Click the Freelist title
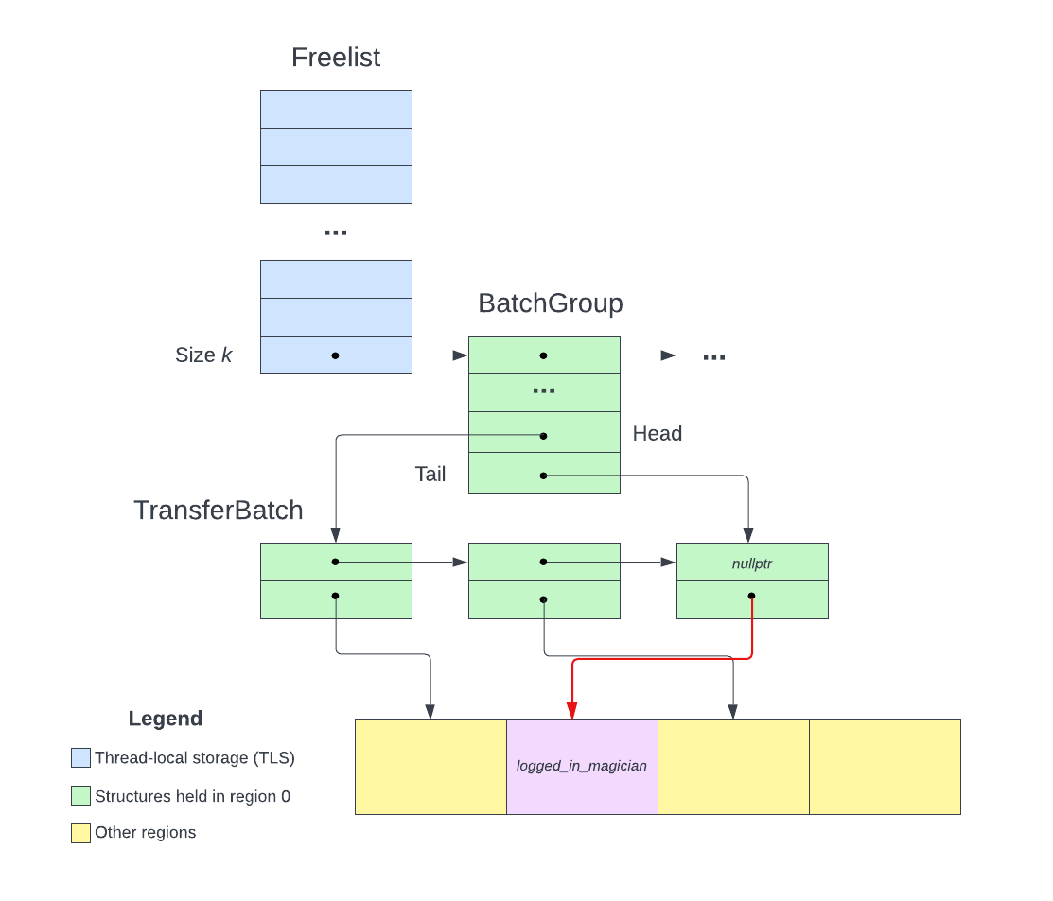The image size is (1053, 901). pyautogui.click(x=336, y=58)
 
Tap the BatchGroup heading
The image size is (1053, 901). pyautogui.click(x=550, y=304)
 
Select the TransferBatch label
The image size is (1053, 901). pyautogui.click(x=219, y=511)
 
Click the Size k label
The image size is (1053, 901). pyautogui.click(x=203, y=355)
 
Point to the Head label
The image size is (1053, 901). pyautogui.click(x=658, y=434)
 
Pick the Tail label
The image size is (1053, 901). pyautogui.click(x=430, y=475)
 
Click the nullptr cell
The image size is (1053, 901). pyautogui.click(x=752, y=563)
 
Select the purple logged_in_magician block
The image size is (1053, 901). pyautogui.click(x=582, y=767)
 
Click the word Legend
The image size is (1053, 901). pyautogui.click(x=166, y=719)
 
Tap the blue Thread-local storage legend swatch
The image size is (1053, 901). pyautogui.click(x=80, y=758)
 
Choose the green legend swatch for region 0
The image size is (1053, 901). pyautogui.click(x=80, y=796)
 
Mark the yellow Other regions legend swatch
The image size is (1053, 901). pyautogui.click(x=80, y=833)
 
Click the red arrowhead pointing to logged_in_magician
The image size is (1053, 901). pyautogui.click(x=571, y=712)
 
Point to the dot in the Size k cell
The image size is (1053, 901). pyautogui.click(x=335, y=355)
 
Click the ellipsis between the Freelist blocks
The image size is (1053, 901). pyautogui.click(x=336, y=233)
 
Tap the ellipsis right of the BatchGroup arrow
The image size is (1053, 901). pyautogui.click(x=714, y=356)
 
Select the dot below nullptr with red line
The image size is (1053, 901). pyautogui.click(x=751, y=597)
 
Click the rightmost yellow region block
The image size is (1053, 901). pyautogui.click(x=885, y=767)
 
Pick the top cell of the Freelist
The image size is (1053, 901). pyautogui.click(x=336, y=110)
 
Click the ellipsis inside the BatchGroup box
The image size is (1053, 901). pyautogui.click(x=544, y=391)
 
